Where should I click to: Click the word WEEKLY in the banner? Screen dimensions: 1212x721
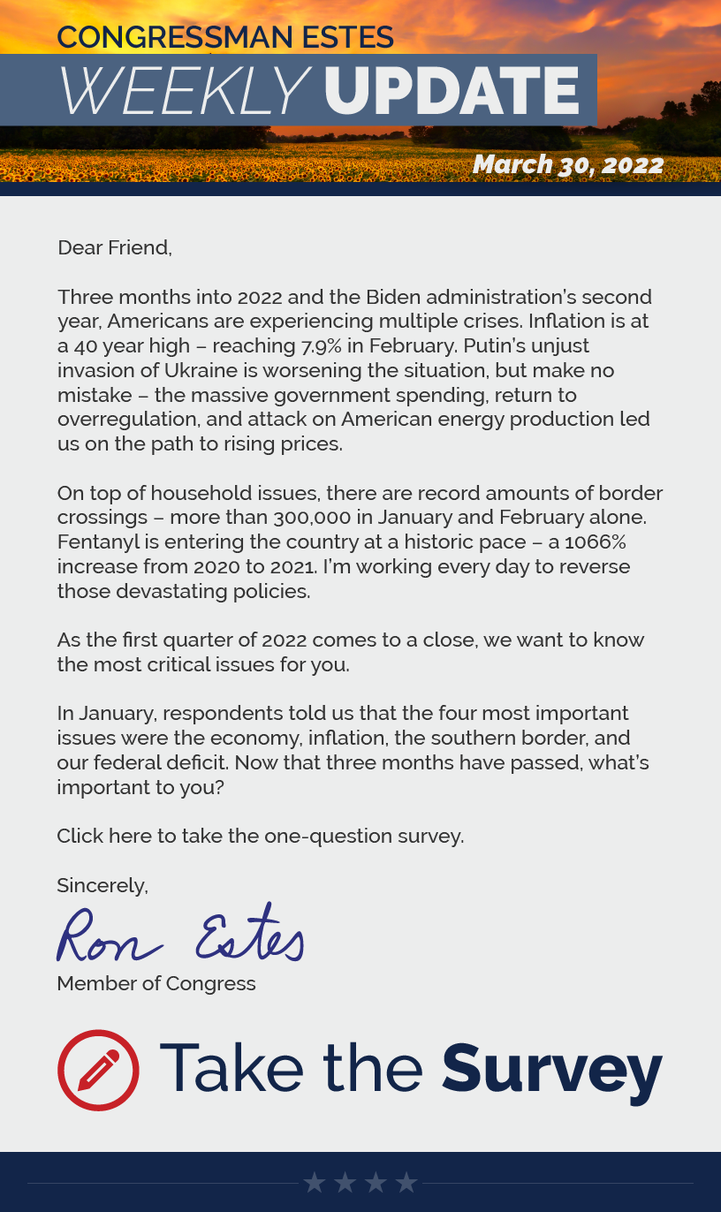(184, 91)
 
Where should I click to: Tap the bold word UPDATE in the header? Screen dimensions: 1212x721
(451, 91)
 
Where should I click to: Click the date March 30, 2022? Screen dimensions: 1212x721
(567, 165)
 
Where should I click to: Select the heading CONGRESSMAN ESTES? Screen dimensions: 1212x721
(225, 37)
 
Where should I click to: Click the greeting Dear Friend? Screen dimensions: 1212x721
(114, 247)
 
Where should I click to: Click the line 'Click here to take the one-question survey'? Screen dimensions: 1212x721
(260, 836)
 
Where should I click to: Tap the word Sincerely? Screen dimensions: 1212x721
(102, 885)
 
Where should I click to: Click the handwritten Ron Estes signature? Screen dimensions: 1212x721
(180, 936)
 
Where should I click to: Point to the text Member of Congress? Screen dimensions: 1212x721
(156, 983)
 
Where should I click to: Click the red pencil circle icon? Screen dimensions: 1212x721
(98, 1070)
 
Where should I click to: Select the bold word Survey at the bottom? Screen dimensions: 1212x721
(551, 1069)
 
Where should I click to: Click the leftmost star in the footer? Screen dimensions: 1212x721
(315, 1183)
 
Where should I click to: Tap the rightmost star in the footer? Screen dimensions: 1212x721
(406, 1183)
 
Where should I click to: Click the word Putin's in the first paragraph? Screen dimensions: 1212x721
(558, 345)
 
